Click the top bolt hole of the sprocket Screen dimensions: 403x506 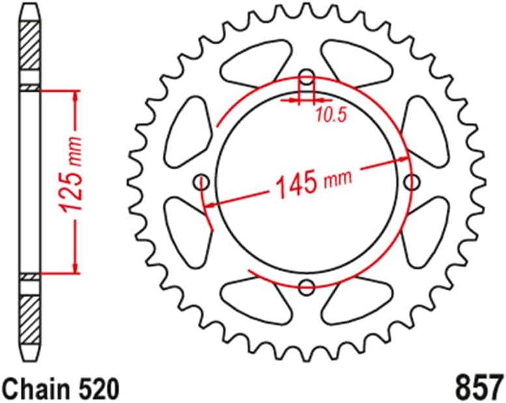click(x=307, y=76)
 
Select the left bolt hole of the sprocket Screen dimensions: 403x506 click(x=202, y=180)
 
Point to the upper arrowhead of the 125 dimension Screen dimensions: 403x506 click(x=77, y=98)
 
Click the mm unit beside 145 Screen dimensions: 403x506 click(x=337, y=178)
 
